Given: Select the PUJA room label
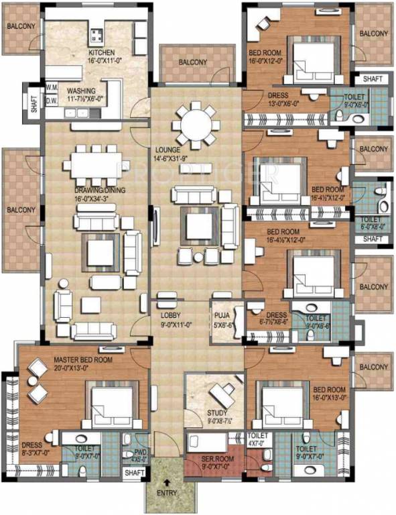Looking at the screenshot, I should point(222,313).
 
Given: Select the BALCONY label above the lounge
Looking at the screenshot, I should point(192,62).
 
